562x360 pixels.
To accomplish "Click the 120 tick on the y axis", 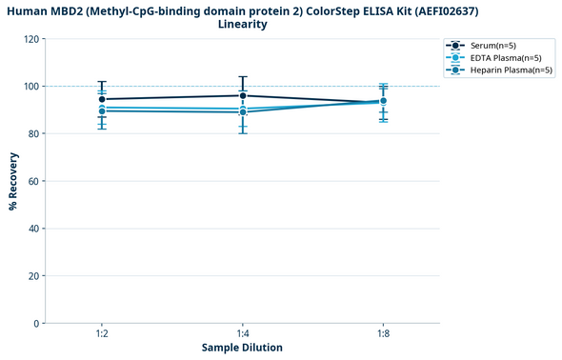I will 32,39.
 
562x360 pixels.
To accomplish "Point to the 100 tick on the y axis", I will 32,87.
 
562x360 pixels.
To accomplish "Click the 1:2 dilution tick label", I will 101,334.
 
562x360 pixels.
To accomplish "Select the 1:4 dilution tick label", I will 242,334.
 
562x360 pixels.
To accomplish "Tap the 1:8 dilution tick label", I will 383,334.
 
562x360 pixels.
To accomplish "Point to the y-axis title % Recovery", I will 13,181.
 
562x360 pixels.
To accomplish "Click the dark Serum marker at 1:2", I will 102,99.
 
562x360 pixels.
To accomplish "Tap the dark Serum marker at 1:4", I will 243,95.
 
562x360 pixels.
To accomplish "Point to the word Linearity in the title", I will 242,25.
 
